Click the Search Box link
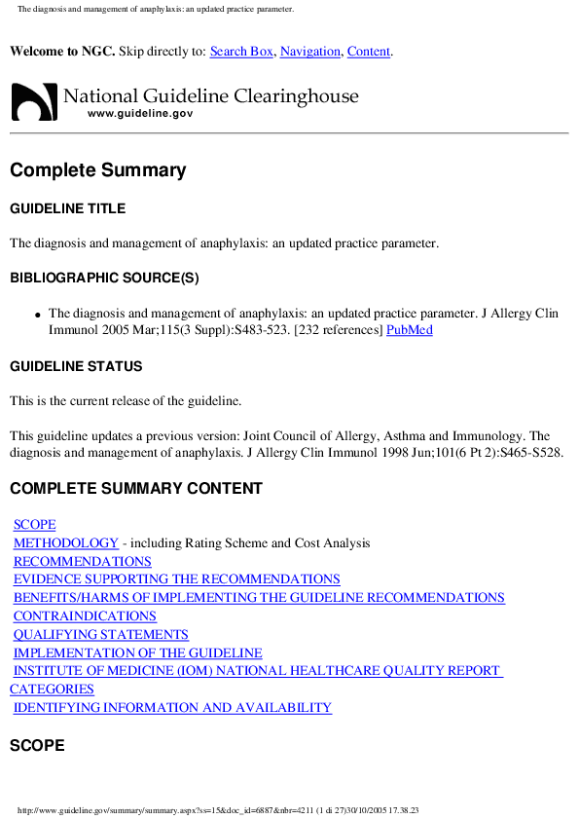click(241, 52)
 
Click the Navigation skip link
click(310, 52)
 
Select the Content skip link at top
click(369, 52)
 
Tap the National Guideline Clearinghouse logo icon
click(33, 100)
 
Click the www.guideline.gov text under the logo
click(140, 114)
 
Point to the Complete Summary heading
click(97, 170)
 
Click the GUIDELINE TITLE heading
click(67, 208)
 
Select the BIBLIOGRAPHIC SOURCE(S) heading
click(104, 278)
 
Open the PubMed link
click(410, 330)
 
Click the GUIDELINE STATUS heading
click(76, 366)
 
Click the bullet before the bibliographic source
click(37, 316)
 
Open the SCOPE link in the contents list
click(35, 525)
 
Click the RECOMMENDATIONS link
click(83, 562)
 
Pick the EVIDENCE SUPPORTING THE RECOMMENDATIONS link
click(177, 579)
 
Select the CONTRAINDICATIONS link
click(85, 616)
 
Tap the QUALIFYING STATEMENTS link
click(101, 635)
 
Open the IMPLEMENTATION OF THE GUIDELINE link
click(138, 653)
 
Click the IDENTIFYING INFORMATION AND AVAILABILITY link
click(172, 708)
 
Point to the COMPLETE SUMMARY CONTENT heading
click(135, 488)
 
